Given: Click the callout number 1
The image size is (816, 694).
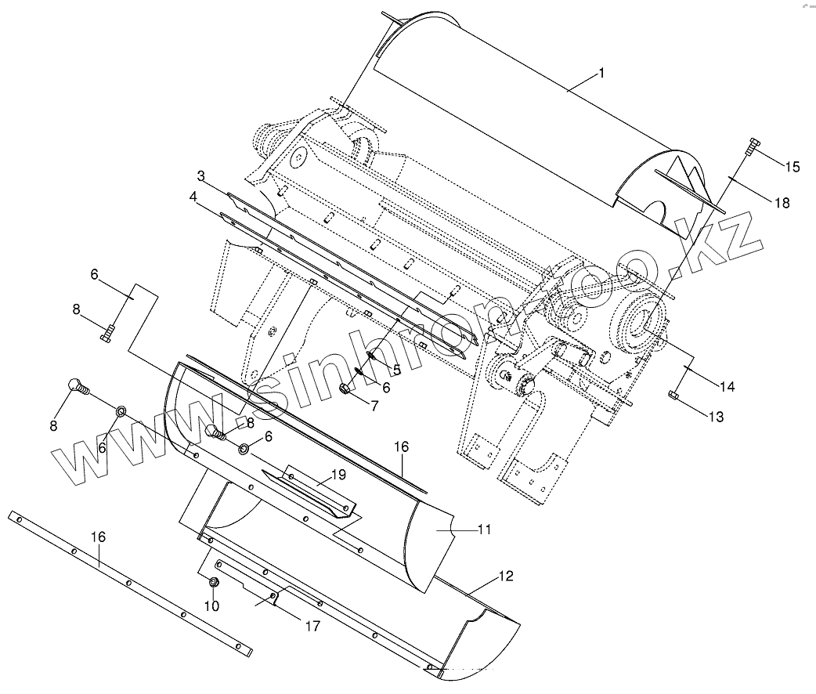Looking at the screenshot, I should (x=601, y=74).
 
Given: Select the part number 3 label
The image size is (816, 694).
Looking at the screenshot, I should (x=201, y=176).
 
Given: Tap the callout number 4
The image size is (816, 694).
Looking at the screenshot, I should (x=193, y=199).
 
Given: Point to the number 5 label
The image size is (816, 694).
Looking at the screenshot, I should (x=396, y=369).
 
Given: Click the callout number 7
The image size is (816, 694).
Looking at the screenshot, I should (x=374, y=407).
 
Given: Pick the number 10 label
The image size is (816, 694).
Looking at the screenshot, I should (x=211, y=605).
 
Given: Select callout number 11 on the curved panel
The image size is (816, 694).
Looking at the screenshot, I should (x=484, y=530).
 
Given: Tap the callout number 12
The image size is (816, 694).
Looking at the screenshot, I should (x=506, y=577).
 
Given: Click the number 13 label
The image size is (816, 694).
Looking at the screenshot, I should (x=717, y=417).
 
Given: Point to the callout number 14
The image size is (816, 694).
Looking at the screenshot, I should (x=727, y=386).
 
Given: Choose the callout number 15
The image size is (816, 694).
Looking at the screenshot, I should (x=792, y=167).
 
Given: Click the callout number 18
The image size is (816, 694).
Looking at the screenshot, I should (x=781, y=203).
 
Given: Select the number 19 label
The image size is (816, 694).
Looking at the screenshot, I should (x=338, y=475).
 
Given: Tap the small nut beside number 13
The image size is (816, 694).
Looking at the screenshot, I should (x=674, y=395).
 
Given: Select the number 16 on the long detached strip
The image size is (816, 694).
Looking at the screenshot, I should (x=99, y=537).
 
